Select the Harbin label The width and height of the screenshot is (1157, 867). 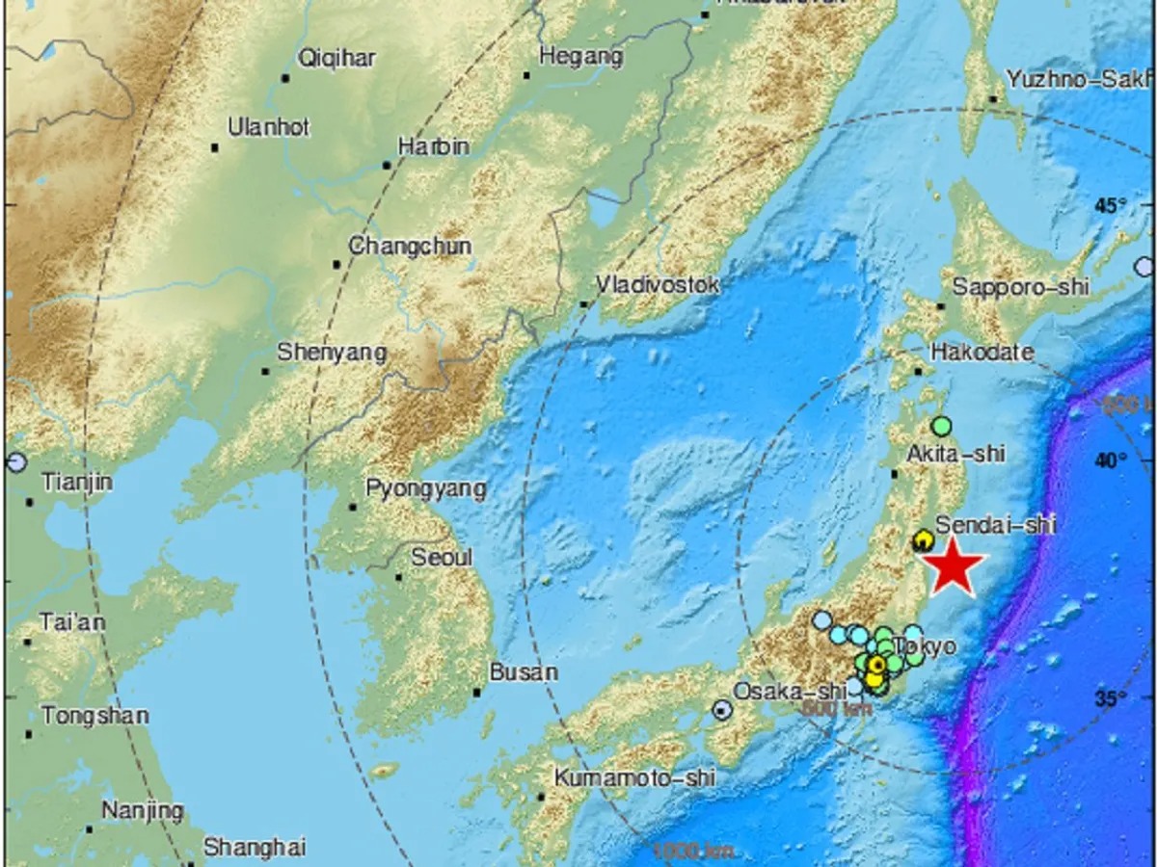(x=433, y=147)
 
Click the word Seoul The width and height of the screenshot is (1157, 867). (x=442, y=558)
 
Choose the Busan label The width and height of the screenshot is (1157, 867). (x=524, y=672)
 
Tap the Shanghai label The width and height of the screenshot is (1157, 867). (x=255, y=848)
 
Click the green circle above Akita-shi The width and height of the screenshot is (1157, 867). (x=942, y=425)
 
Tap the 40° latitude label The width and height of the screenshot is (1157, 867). (x=1110, y=461)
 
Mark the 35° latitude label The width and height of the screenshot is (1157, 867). (x=1110, y=698)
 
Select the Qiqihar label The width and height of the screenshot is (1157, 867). (x=328, y=58)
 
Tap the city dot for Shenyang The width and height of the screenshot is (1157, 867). (x=265, y=371)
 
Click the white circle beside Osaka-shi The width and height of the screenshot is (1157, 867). (x=722, y=710)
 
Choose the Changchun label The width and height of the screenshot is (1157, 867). (x=410, y=247)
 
